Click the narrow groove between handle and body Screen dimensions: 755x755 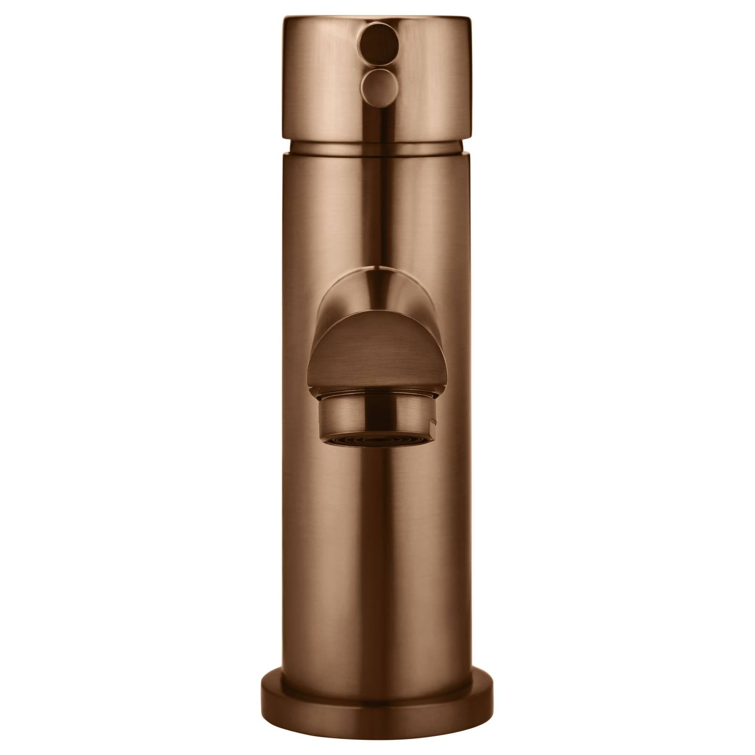point(377,146)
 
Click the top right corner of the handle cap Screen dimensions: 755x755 point(470,19)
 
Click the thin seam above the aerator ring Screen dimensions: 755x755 point(377,393)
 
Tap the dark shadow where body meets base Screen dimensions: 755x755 point(377,683)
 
